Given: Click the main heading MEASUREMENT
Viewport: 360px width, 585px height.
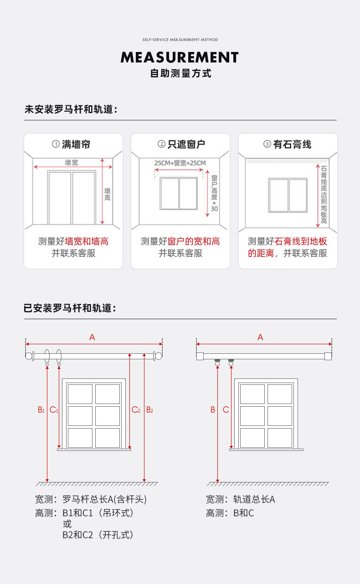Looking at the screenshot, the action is coord(180,57).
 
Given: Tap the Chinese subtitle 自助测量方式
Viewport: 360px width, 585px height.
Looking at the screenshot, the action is coord(180,73).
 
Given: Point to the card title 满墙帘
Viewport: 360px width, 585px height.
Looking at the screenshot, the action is coord(76,144).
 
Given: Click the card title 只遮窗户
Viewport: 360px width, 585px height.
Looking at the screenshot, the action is coord(186,144).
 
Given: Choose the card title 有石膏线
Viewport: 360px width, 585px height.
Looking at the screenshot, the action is coord(292,144).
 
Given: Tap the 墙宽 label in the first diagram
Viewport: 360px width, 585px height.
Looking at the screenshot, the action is coord(71,162).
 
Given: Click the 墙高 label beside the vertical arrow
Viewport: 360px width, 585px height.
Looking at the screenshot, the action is coord(107,194).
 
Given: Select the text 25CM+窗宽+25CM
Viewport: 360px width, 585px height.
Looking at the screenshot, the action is coord(180,163).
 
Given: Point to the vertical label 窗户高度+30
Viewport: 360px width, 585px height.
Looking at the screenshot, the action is coord(214,193).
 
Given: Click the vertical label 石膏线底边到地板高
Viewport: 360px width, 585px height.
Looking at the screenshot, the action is coord(324,195).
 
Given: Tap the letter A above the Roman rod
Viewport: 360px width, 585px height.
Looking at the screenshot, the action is coord(92,337).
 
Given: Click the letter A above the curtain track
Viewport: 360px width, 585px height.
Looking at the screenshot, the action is coord(260,337).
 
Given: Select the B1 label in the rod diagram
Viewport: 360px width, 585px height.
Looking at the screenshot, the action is coord(41,409).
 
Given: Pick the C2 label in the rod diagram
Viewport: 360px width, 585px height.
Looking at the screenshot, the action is coord(136,409).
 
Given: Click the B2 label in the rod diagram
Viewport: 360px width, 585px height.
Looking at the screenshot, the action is coord(149,409).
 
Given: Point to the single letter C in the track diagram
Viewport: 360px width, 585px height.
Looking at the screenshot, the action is coord(226,409).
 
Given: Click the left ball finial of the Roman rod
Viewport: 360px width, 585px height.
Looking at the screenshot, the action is coord(28,356).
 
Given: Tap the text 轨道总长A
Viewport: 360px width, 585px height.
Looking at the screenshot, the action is coord(254,499).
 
